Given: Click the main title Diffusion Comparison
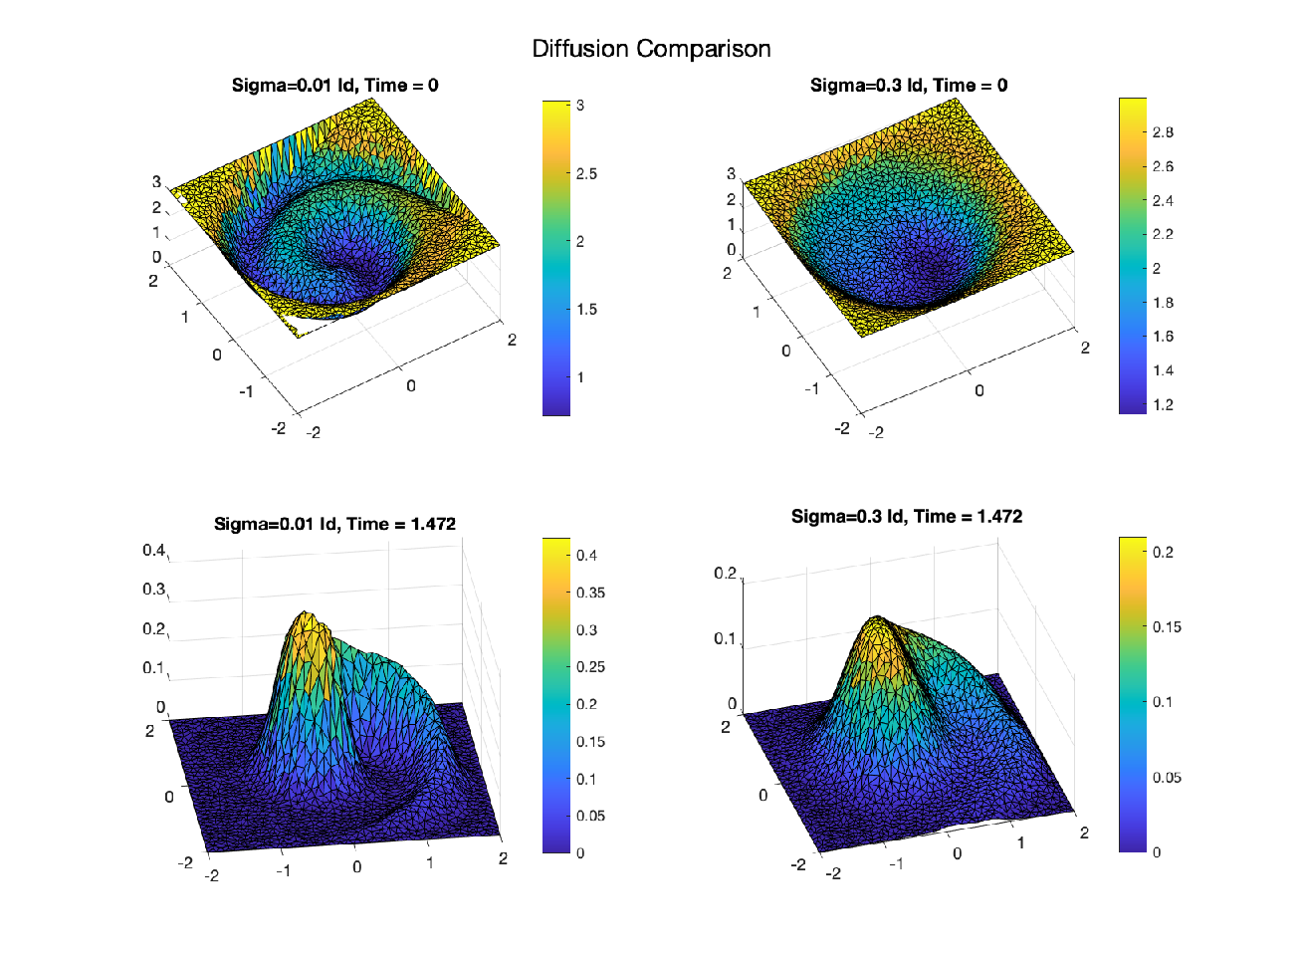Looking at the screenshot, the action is (x=651, y=49).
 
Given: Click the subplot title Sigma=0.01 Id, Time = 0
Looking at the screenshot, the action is (x=335, y=86).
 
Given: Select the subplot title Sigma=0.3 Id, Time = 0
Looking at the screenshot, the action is (x=909, y=86).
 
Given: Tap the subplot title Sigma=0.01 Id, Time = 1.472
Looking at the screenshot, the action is (x=334, y=524).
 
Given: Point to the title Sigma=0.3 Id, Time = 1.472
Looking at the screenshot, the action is (x=907, y=516).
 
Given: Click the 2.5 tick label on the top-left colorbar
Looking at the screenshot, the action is (x=586, y=173).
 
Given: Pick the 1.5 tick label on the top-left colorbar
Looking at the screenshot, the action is (x=586, y=310).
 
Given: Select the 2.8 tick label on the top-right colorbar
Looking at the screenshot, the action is (x=1163, y=132).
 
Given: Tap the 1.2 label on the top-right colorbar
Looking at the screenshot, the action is (x=1163, y=404).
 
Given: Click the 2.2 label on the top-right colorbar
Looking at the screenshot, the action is (x=1163, y=235).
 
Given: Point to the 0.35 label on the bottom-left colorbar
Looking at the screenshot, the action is (x=590, y=593).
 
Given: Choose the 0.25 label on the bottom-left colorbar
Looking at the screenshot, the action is (x=590, y=667).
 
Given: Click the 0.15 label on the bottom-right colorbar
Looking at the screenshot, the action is (x=1167, y=627).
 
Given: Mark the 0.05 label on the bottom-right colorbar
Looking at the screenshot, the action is (x=1167, y=778).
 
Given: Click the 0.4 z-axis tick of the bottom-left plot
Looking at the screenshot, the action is (x=153, y=550).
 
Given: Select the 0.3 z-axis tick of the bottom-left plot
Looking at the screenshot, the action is (x=153, y=589).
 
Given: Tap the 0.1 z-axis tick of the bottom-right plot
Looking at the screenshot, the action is (x=726, y=638).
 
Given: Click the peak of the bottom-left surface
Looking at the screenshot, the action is (x=304, y=611).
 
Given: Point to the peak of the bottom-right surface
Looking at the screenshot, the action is (x=876, y=616).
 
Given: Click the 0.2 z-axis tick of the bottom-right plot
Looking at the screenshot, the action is (x=726, y=574).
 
